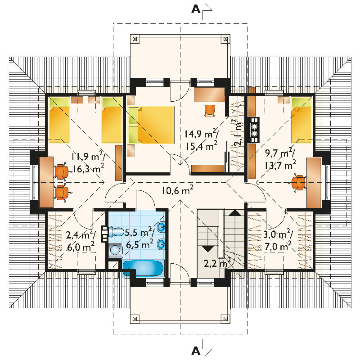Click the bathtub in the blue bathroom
tap(143, 268)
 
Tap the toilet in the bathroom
tap(117, 232)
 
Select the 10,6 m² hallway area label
tap(177, 190)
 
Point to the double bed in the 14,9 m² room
tap(151, 125)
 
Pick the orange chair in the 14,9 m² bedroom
tap(209, 110)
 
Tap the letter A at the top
tap(196, 9)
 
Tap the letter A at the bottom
tap(196, 351)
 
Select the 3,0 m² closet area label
tap(278, 234)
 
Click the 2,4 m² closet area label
tap(81, 234)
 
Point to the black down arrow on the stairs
tap(208, 249)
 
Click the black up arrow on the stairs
tap(235, 213)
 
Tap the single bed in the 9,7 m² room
tap(301, 120)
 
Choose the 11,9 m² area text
tap(88, 157)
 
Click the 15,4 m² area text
tap(201, 146)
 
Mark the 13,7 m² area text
tap(280, 164)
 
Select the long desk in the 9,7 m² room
tap(314, 183)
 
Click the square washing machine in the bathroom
tap(115, 250)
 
